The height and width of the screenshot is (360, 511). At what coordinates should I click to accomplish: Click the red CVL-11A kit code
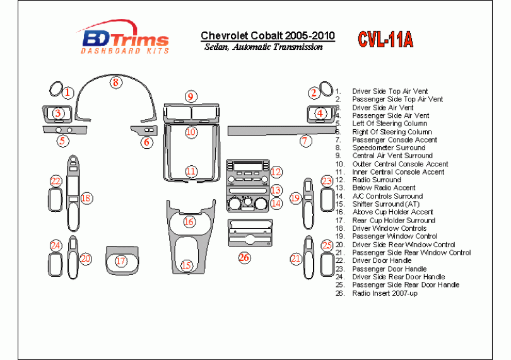[385, 40]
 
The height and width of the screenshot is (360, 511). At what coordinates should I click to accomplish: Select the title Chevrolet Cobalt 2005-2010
[267, 36]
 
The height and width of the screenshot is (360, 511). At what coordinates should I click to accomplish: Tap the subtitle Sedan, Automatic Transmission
[264, 47]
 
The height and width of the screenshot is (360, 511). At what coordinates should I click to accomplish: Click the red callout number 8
[115, 82]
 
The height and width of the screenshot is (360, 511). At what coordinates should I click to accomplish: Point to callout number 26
[244, 258]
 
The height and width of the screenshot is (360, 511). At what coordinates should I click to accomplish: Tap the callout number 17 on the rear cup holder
[120, 260]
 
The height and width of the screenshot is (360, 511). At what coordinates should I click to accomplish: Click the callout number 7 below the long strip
[305, 141]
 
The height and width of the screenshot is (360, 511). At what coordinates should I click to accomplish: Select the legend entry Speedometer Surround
[389, 148]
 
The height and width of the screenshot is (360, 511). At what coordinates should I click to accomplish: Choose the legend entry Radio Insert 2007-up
[385, 293]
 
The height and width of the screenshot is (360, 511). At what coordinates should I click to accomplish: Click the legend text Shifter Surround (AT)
[385, 204]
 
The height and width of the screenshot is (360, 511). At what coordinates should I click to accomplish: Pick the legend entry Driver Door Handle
[382, 260]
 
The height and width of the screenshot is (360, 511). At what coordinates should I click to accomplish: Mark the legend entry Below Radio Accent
[384, 188]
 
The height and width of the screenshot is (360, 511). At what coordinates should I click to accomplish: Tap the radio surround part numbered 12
[248, 172]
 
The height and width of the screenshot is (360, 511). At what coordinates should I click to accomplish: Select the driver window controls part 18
[73, 193]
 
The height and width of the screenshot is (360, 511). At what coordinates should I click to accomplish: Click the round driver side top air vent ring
[56, 89]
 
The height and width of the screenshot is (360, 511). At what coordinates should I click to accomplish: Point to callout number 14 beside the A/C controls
[276, 203]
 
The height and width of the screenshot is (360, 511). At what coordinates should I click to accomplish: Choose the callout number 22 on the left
[56, 181]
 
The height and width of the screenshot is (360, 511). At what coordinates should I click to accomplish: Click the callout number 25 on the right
[327, 245]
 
